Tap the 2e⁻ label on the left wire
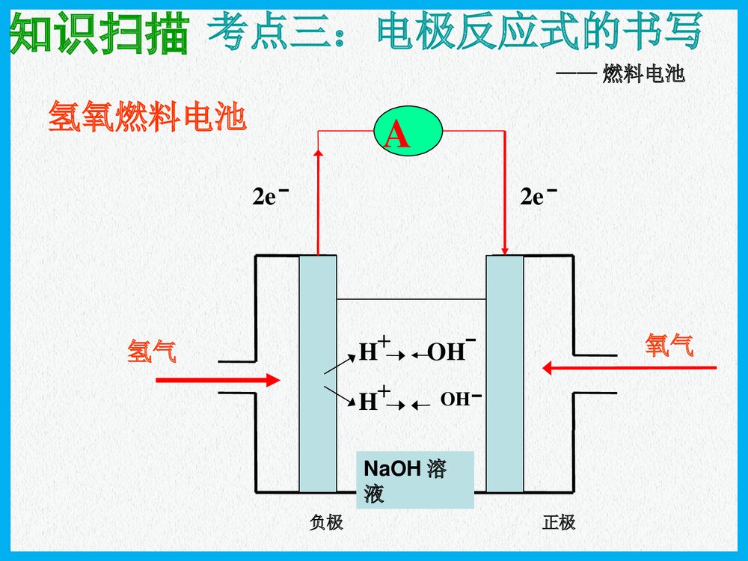click(270, 197)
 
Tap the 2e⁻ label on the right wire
click(539, 197)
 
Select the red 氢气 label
click(152, 350)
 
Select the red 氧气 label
click(669, 345)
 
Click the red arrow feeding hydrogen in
click(217, 380)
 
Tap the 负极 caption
click(326, 522)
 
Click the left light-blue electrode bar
click(318, 374)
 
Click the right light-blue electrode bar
click(504, 374)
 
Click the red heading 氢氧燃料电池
click(147, 118)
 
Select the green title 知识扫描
click(99, 34)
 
